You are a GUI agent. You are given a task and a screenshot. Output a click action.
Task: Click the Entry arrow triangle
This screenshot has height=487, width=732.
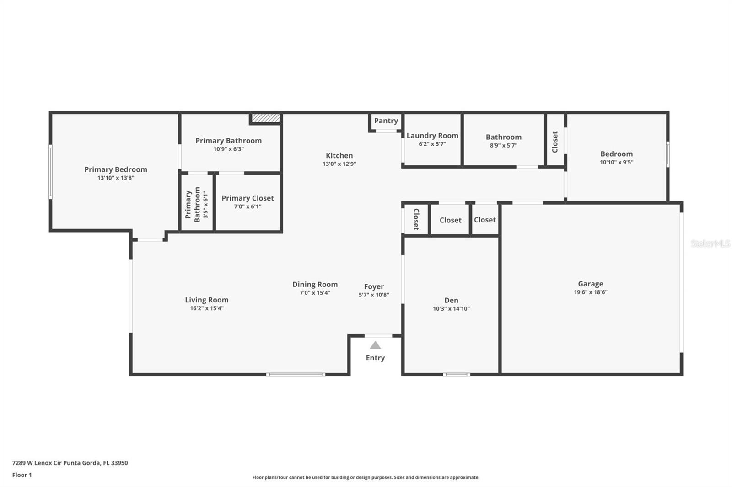(375, 345)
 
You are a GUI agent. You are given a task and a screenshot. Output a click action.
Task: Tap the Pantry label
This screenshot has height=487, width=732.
(386, 121)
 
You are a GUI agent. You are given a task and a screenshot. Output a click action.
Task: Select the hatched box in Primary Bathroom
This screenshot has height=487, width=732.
(265, 118)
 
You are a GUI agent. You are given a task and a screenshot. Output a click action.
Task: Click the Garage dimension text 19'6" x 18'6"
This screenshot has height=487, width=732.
(590, 292)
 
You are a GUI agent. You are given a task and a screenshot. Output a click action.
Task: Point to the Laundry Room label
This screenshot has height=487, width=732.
(432, 136)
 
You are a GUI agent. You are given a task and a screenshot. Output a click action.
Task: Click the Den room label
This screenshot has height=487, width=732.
(451, 300)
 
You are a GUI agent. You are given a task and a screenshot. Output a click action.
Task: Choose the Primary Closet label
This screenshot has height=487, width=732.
(248, 198)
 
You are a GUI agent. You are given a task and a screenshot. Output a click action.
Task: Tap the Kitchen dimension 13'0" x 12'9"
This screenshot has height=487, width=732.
(339, 164)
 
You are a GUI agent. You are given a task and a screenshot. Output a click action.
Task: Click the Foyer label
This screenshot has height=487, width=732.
(374, 286)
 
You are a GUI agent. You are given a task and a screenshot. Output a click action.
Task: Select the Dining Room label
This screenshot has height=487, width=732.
(315, 284)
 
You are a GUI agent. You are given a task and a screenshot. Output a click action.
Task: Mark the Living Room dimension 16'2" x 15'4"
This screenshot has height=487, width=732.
(207, 308)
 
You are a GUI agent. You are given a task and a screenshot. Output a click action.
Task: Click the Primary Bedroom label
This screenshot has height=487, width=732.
(116, 169)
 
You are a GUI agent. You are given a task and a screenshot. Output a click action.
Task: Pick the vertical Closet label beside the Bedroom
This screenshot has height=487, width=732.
(555, 142)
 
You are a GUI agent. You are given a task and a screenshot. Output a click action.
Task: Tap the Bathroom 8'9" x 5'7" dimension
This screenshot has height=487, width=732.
(503, 146)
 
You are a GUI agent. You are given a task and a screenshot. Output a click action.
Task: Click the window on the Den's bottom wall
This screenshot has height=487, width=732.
(456, 375)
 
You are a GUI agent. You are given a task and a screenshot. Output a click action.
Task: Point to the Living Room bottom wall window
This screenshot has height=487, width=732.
(296, 375)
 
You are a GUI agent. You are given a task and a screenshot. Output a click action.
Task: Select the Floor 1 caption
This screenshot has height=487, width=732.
(22, 475)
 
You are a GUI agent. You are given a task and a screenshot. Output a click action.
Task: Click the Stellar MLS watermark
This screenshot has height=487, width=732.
(710, 243)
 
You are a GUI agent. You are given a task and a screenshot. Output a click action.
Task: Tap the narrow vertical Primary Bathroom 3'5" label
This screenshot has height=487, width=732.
(197, 204)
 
